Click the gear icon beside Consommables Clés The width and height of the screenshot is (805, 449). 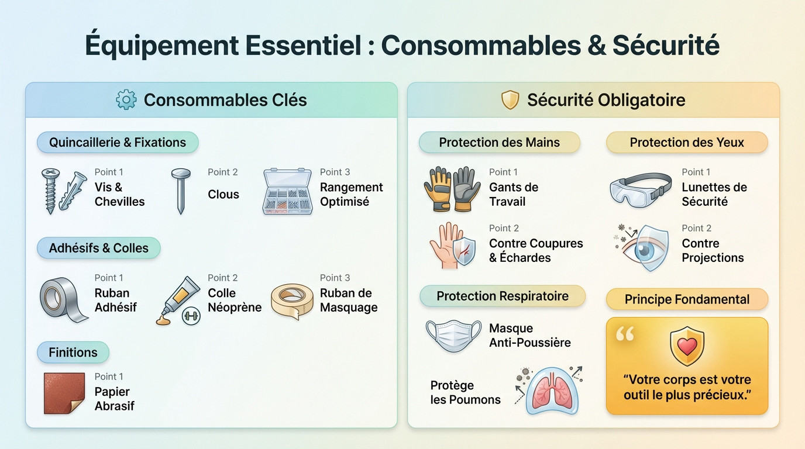coord(126,99)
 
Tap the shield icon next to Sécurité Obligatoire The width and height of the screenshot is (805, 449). coord(510,99)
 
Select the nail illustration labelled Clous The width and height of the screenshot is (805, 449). coord(181,191)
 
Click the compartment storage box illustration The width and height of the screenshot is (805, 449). coord(287,191)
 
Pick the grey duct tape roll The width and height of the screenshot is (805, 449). coord(63,299)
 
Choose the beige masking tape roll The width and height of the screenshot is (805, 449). coord(292,301)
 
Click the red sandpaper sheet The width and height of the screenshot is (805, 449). coord(64,393)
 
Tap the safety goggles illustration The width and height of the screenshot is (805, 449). coord(641,190)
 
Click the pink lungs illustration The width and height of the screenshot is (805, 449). coord(552,392)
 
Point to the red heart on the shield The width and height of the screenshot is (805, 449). coord(687,346)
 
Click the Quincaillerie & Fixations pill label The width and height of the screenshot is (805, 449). coord(118,142)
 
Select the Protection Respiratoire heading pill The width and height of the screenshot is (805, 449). coord(503,296)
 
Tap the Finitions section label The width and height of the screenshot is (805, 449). coord(73,352)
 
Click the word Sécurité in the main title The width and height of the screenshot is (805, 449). coord(666,45)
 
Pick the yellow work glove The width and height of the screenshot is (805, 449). coord(438,189)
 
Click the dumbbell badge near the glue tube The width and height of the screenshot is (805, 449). coord(191,316)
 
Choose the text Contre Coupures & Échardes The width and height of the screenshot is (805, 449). coord(536,250)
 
